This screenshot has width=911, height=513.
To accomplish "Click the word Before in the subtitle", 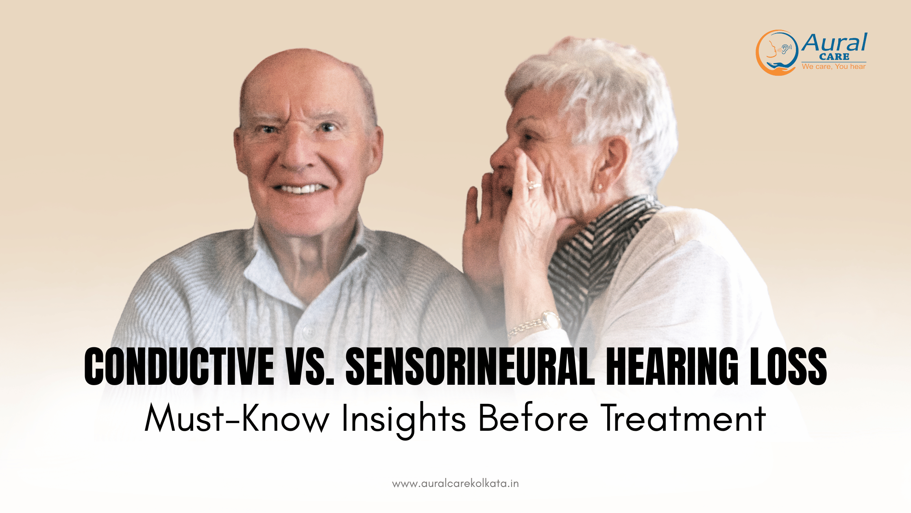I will [533, 419].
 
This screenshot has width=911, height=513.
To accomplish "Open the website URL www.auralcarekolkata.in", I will [455, 484].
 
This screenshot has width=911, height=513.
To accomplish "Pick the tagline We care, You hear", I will [834, 66].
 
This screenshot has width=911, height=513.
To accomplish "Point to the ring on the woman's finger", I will [534, 185].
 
